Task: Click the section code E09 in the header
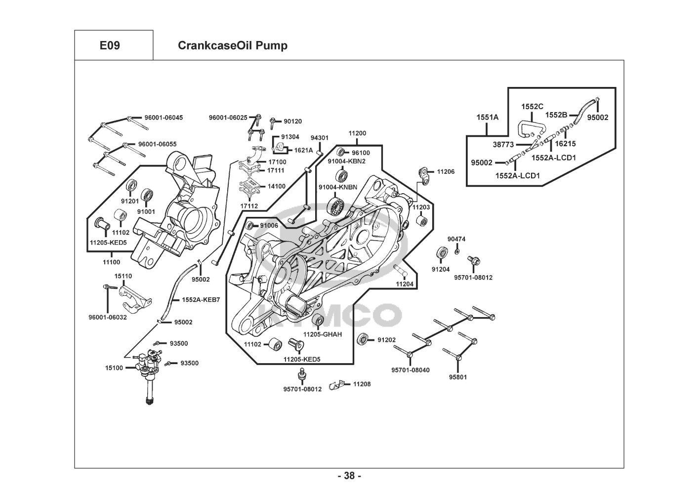(110, 45)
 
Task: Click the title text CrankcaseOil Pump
(232, 45)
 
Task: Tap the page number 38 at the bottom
(349, 476)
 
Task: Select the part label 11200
(357, 133)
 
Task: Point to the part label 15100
(114, 368)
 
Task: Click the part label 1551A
(487, 117)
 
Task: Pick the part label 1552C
(532, 106)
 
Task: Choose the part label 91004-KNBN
(337, 187)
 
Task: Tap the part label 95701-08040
(410, 370)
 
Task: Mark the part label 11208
(362, 384)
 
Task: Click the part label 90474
(456, 239)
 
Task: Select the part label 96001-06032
(108, 317)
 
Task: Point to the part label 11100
(111, 262)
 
